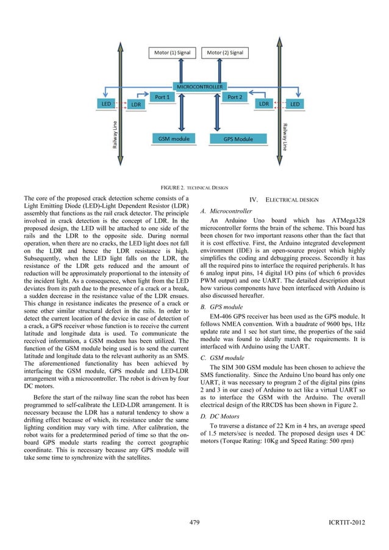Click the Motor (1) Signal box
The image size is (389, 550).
[171, 53]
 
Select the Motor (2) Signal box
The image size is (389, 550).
[225, 53]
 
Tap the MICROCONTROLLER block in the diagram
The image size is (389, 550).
[199, 86]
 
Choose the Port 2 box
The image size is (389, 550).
[235, 97]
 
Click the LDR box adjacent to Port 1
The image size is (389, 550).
[136, 104]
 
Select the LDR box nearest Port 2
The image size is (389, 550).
[264, 104]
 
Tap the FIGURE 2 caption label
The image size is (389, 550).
[195, 188]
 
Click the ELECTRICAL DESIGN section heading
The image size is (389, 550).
[292, 200]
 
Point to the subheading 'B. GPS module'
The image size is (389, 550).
[222, 308]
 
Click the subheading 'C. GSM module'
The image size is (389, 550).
[223, 358]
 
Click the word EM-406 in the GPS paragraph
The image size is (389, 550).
[219, 318]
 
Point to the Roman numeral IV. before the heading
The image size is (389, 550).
[255, 200]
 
